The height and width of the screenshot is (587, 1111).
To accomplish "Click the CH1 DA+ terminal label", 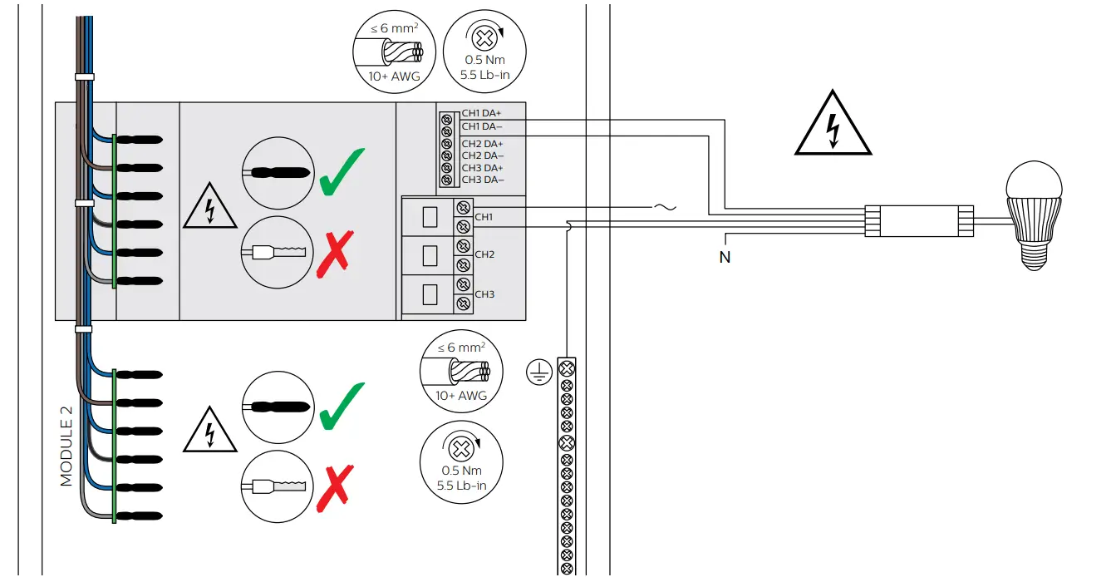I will coord(481,113).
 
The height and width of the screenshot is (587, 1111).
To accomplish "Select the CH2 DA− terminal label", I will coord(482,155).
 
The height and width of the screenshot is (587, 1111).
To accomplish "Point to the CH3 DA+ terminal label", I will coord(482,168).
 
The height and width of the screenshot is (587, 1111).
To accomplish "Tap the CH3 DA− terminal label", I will coord(482,180).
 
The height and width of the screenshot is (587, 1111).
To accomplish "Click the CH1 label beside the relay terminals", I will coord(484,217).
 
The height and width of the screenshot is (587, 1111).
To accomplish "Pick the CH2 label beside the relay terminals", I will coord(484,254).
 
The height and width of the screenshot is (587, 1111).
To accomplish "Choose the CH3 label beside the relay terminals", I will coord(484,294).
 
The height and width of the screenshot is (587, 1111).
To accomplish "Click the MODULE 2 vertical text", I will coord(67,446).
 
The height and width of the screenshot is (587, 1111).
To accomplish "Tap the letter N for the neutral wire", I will coord(725,258).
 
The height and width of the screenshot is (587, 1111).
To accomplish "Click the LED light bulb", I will coord(1034,213).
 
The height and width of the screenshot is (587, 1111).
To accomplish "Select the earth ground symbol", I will coord(538,374).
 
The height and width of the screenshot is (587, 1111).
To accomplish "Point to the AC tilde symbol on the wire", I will coord(666,207).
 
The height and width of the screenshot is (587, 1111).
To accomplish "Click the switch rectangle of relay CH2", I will coord(429,256).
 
